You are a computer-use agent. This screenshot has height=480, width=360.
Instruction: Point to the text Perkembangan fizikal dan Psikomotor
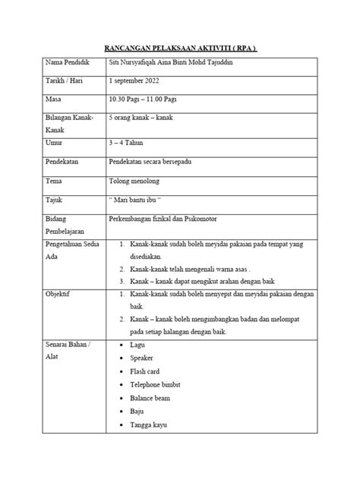[172, 220]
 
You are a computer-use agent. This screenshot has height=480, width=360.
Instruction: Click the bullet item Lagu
[139, 345]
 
